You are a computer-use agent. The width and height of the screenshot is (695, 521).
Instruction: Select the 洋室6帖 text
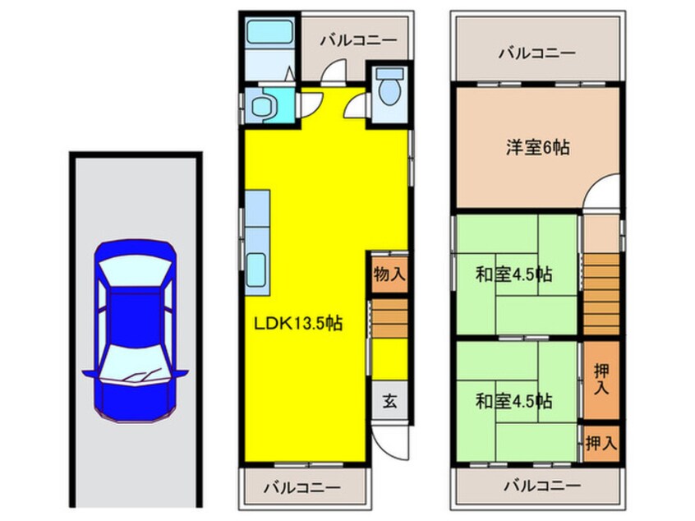click(537, 148)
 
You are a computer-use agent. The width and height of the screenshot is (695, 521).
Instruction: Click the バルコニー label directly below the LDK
click(301, 486)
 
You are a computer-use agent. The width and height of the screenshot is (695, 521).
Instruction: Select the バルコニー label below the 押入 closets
click(537, 485)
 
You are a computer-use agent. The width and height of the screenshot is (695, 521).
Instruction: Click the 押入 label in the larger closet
click(601, 380)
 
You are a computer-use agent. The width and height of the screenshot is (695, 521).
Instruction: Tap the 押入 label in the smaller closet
click(601, 444)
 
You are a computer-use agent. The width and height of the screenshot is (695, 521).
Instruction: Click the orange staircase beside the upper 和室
click(601, 292)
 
